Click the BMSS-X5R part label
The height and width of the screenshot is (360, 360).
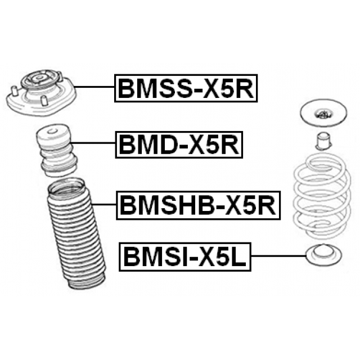pos(186,88)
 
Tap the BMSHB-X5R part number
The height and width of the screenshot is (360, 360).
pos(196,205)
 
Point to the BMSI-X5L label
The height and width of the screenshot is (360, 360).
pos(185,258)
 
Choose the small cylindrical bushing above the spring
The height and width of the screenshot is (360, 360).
pos(322,140)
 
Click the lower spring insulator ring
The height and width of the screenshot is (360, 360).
pos(322,256)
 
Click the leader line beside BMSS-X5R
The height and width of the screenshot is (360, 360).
pos(96,88)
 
